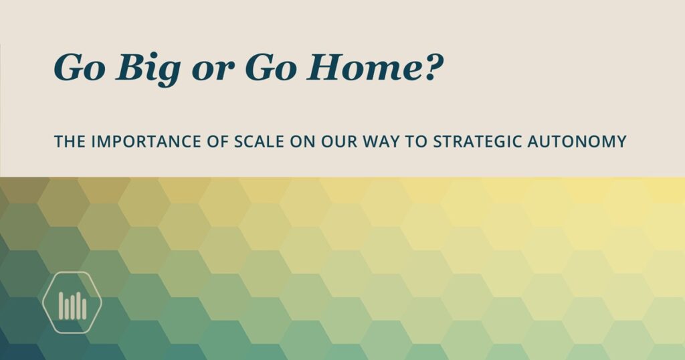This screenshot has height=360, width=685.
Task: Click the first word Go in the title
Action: click(x=80, y=68)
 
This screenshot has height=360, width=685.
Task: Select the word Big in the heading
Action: click(x=148, y=69)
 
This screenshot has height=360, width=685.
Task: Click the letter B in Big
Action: click(x=130, y=68)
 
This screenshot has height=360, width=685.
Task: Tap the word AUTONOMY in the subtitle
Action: click(x=577, y=142)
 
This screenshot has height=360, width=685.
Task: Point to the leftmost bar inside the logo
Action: click(x=61, y=305)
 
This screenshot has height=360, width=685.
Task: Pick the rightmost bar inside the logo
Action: click(x=84, y=308)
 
